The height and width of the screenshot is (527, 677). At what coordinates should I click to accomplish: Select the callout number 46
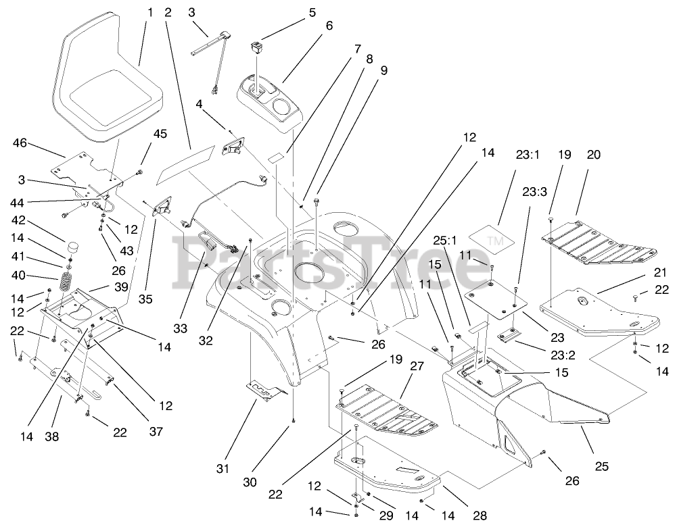pyautogui.click(x=20, y=143)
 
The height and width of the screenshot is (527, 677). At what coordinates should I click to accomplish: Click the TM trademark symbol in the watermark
pyautogui.click(x=495, y=241)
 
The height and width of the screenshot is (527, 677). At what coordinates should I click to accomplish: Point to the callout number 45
pyautogui.click(x=160, y=134)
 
